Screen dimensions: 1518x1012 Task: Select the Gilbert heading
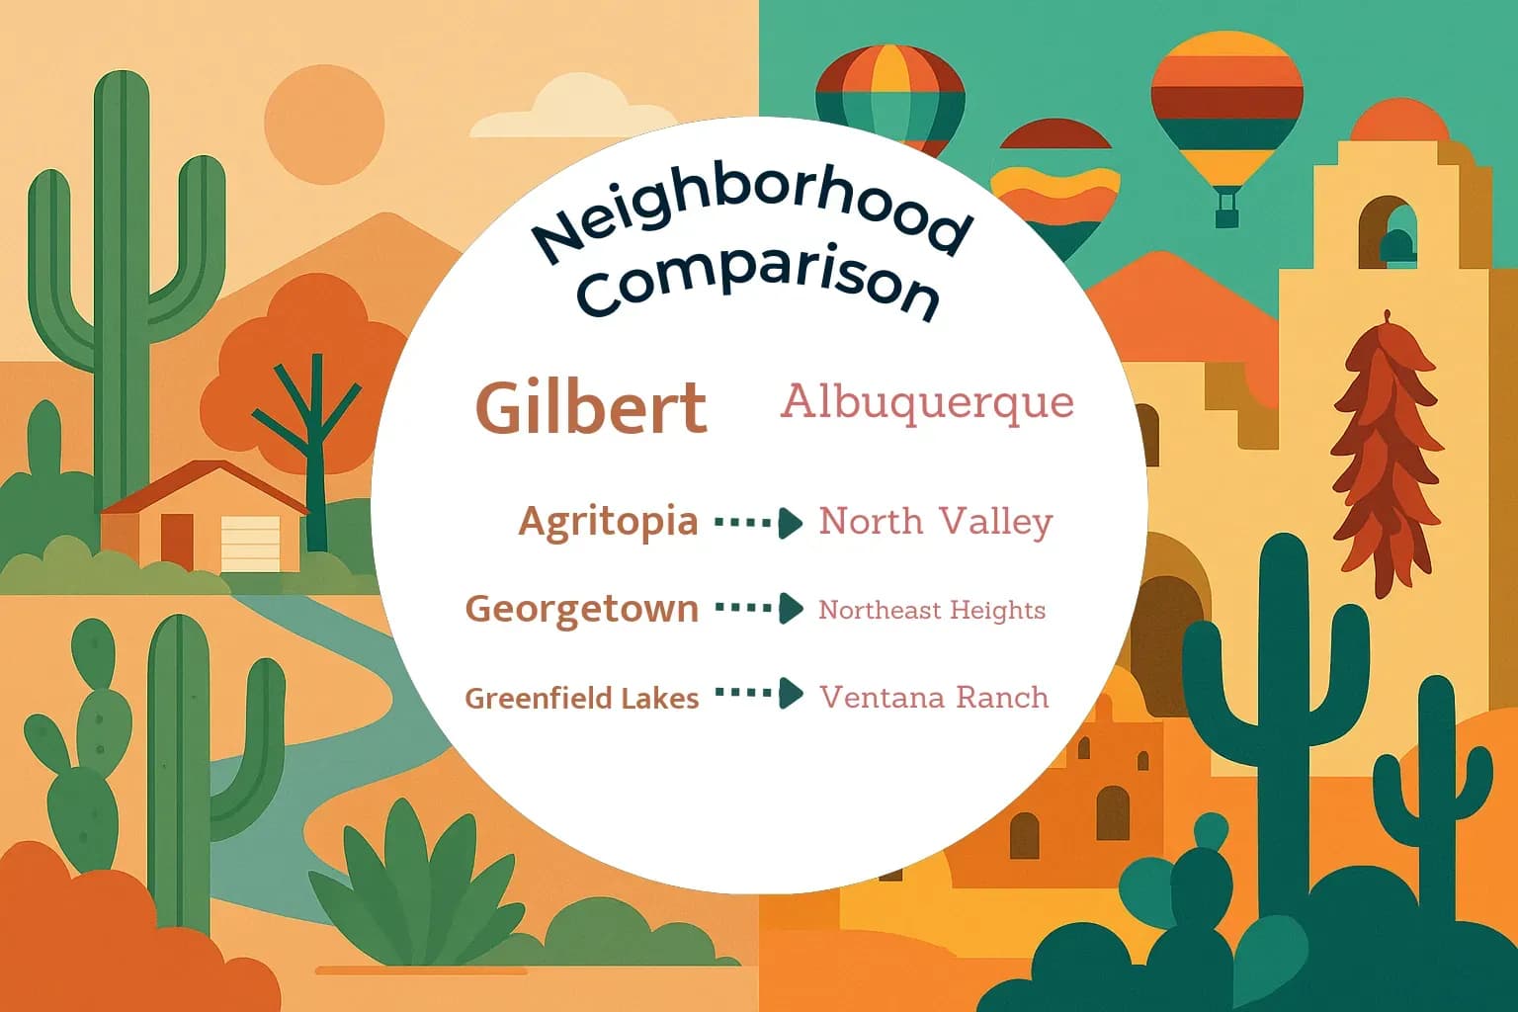(591, 406)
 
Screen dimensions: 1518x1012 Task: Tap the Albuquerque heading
(926, 402)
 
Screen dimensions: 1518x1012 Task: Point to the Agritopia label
(608, 521)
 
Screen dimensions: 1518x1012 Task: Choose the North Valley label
(935, 522)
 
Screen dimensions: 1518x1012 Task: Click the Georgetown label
(581, 608)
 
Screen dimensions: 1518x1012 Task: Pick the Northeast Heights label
(931, 610)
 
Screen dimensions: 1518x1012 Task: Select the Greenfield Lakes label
(581, 698)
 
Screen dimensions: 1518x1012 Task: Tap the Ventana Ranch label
(934, 697)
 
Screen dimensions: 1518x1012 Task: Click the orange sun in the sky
(324, 126)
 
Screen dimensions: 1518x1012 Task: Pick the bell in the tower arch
(1396, 244)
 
